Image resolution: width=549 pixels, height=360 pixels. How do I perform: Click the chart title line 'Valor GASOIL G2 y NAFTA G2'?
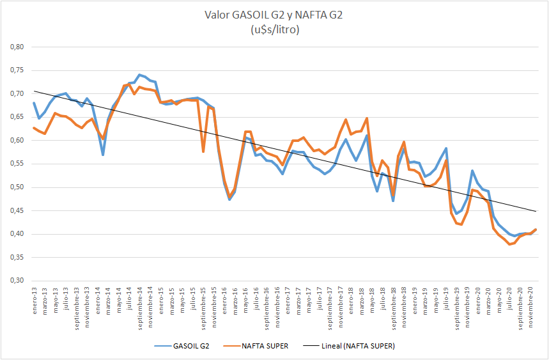[x=274, y=15]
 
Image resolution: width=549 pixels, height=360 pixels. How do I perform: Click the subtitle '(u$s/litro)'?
[x=274, y=29]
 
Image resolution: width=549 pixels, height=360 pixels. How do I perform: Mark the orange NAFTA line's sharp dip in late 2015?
[x=203, y=151]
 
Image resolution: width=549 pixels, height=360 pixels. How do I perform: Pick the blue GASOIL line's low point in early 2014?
[x=103, y=155]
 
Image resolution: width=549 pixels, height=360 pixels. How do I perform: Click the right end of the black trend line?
[x=536, y=211]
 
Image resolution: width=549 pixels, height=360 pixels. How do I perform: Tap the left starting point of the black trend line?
[x=34, y=91]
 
